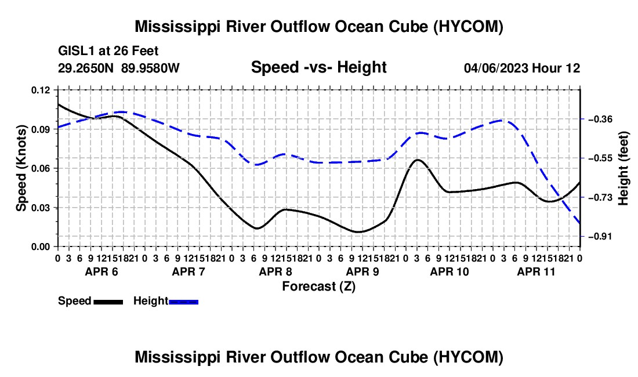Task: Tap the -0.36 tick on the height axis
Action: click(600, 119)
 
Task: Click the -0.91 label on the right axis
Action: click(600, 236)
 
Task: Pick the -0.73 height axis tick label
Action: click(600, 198)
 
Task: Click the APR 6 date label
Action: click(101, 271)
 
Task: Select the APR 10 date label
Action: click(449, 271)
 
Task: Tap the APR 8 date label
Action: click(275, 271)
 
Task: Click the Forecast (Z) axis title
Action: click(319, 287)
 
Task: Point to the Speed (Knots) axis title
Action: click(21, 168)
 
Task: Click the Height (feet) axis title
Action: click(623, 168)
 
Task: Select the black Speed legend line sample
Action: click(108, 302)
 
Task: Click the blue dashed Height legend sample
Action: click(183, 302)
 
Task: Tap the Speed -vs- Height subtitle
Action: click(318, 67)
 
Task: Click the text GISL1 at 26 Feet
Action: click(108, 51)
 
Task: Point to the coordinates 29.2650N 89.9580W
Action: click(118, 68)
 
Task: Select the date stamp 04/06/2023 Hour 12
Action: click(522, 68)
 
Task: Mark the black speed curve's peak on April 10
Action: click(418, 159)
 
